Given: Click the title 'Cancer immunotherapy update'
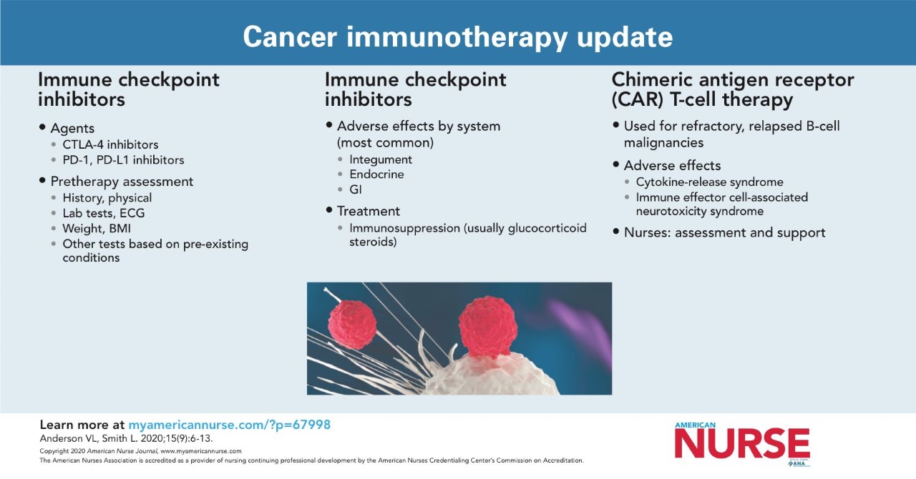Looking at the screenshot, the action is [x=457, y=36].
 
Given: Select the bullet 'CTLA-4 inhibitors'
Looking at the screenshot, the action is [x=110, y=144].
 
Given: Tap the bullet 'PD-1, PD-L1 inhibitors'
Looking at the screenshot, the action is [x=123, y=160].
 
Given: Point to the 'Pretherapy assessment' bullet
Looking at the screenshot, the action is [x=122, y=182].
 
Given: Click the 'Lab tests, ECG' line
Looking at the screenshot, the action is [x=104, y=213].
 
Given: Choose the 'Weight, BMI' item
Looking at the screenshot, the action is [x=97, y=229].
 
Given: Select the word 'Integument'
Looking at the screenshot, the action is [x=381, y=159].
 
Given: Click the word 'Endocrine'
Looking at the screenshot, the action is [x=376, y=174].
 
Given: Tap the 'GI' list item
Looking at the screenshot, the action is [x=356, y=189].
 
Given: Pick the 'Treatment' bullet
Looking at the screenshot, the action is [x=369, y=211].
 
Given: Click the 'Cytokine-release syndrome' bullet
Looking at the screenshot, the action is [x=709, y=182].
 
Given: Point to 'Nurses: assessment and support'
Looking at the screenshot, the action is [x=725, y=232].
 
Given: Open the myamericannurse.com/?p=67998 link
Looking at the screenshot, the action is [x=230, y=425].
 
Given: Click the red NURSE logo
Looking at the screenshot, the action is [x=742, y=443].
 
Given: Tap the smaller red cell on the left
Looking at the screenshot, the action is [x=351, y=325].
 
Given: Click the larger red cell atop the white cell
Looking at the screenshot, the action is [x=487, y=327].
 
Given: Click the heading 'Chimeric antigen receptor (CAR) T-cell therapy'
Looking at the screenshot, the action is [x=733, y=89].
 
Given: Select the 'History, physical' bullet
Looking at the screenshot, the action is [x=107, y=198].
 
